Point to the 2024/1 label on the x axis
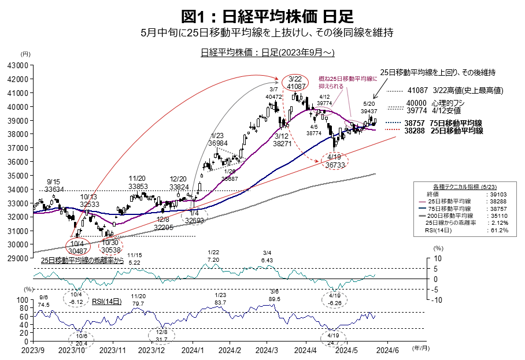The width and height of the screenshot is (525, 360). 191,350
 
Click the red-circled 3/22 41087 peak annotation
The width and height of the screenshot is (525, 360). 295,82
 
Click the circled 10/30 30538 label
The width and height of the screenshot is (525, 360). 110,247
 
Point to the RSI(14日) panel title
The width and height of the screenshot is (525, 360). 108,301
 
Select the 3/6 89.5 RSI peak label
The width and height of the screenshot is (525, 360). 274,295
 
